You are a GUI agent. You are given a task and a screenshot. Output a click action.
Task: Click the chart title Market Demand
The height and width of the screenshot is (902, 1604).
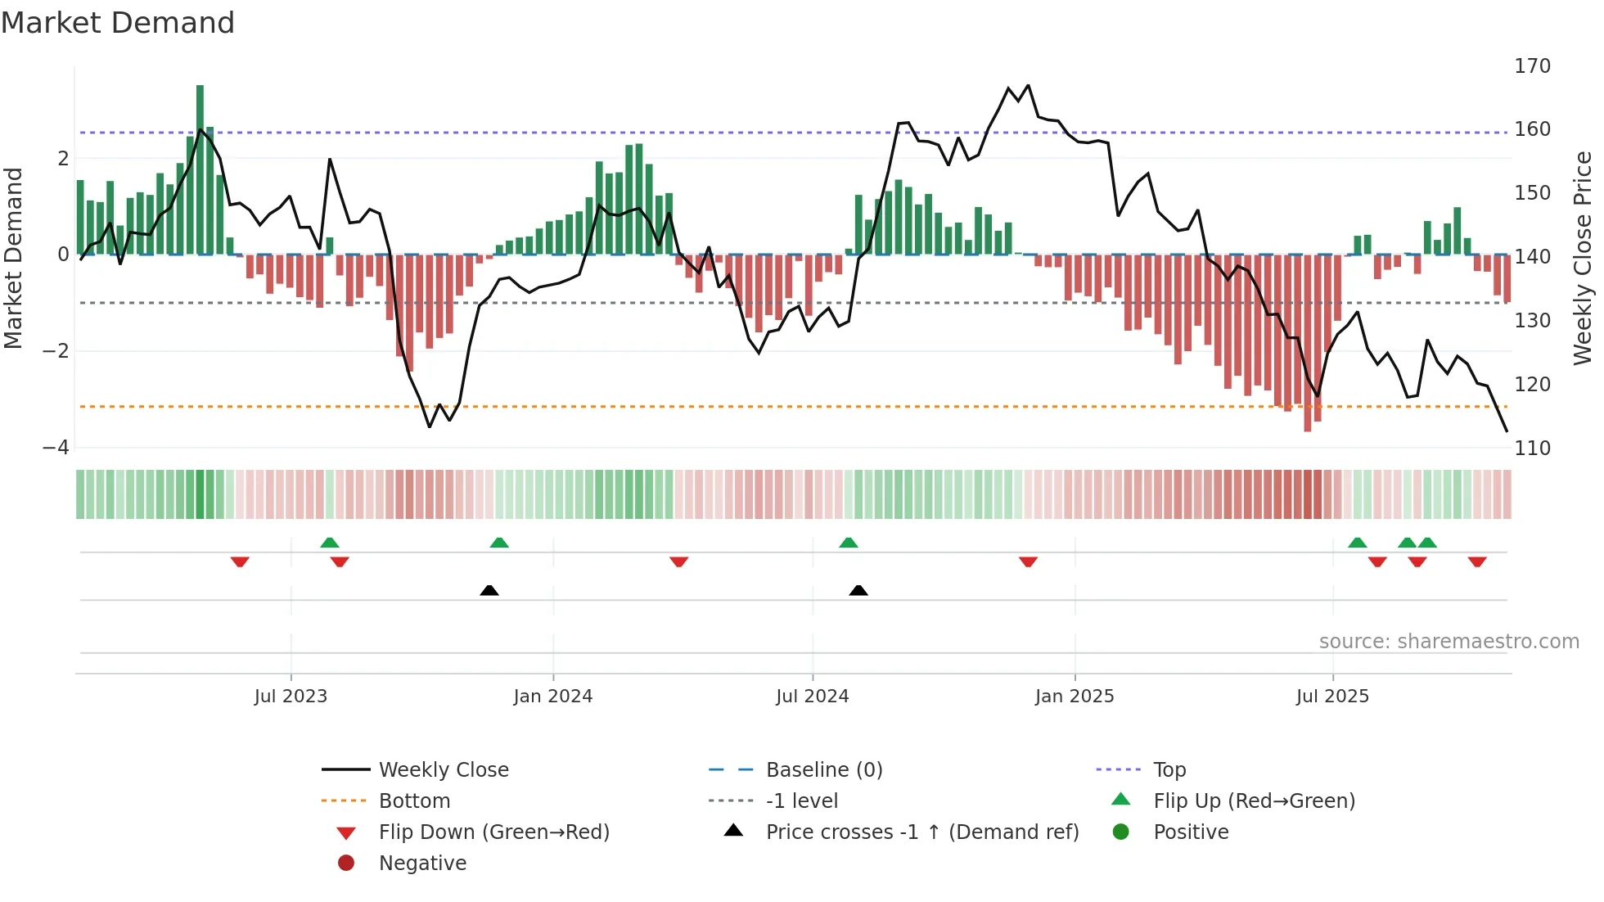point(118,23)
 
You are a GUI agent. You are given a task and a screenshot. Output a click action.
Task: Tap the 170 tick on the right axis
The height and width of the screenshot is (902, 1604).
point(1532,66)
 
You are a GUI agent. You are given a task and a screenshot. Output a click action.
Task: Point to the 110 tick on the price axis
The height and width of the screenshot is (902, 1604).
point(1532,449)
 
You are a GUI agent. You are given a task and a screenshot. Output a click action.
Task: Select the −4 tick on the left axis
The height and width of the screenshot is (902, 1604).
point(56,448)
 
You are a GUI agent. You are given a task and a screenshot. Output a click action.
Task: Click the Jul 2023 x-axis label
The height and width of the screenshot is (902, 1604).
point(291,697)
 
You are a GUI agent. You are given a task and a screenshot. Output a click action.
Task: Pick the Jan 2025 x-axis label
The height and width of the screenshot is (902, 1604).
point(1074,697)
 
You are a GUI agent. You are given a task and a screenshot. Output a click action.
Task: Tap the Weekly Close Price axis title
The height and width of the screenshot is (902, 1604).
point(1583,258)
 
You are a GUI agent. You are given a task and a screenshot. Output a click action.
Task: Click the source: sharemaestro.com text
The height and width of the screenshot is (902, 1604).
point(1449,642)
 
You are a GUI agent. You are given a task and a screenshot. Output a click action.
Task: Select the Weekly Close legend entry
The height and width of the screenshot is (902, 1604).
point(443,770)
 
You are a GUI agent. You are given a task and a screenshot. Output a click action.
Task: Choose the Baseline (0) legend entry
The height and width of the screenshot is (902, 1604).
point(823,770)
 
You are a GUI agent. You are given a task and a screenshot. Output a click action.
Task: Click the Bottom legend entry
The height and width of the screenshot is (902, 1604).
point(414,801)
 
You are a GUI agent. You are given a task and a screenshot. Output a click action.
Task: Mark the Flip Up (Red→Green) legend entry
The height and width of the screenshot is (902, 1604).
point(1254,801)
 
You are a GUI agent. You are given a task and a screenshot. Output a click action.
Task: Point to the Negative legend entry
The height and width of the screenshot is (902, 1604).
point(422,864)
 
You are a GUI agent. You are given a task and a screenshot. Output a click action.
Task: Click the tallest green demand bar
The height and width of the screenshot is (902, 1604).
point(200,169)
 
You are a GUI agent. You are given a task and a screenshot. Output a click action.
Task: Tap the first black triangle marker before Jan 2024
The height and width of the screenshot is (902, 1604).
point(489,590)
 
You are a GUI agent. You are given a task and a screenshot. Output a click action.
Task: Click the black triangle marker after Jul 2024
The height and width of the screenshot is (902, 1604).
point(858,590)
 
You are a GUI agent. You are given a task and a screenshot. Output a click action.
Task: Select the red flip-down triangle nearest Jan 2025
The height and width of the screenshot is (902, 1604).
point(1029,561)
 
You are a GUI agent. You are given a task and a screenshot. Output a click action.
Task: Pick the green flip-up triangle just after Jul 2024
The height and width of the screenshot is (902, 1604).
point(849,543)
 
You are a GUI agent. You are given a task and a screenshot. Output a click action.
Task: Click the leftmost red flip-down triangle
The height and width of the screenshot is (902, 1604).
point(240,561)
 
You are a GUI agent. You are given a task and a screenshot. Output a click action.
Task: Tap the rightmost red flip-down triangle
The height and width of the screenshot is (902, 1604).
point(1477,561)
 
